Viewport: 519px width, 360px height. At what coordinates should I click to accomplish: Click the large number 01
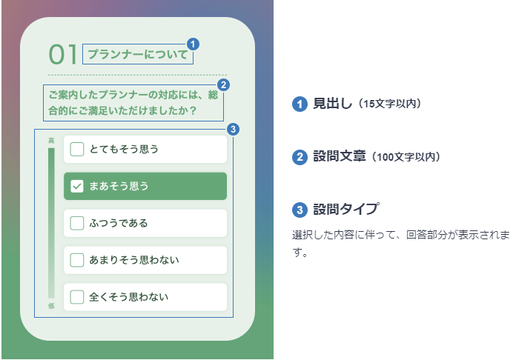click(x=63, y=55)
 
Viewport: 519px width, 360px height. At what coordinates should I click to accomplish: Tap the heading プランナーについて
click(x=138, y=54)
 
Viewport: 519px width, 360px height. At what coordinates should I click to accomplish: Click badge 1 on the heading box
click(x=193, y=44)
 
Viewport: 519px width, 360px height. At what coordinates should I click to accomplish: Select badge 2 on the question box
click(x=223, y=85)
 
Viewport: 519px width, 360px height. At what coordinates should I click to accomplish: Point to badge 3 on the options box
click(x=234, y=129)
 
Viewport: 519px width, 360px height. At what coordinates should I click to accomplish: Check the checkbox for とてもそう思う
click(x=77, y=149)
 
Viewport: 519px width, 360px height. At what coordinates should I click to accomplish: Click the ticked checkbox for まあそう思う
click(x=77, y=186)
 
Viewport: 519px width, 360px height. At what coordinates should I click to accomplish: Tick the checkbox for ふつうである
click(x=77, y=223)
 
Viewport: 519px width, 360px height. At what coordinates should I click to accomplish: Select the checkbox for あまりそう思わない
click(x=77, y=260)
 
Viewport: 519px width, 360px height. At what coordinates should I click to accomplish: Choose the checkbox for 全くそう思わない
click(x=77, y=297)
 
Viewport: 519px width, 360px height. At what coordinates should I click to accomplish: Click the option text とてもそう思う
click(x=124, y=149)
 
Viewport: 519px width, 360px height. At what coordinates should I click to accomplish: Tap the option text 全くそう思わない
click(x=129, y=297)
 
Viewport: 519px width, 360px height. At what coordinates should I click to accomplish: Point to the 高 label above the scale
click(x=51, y=141)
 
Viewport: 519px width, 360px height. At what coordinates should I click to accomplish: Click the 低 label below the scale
click(x=51, y=306)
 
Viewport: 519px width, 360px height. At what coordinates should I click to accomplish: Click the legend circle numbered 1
click(x=300, y=104)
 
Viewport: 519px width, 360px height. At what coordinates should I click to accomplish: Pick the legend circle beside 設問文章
click(x=300, y=157)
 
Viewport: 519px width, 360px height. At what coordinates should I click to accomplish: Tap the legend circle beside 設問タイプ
click(x=300, y=210)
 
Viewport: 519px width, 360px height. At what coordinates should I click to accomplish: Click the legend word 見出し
click(x=333, y=104)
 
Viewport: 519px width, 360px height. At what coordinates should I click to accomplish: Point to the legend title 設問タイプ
click(x=346, y=209)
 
